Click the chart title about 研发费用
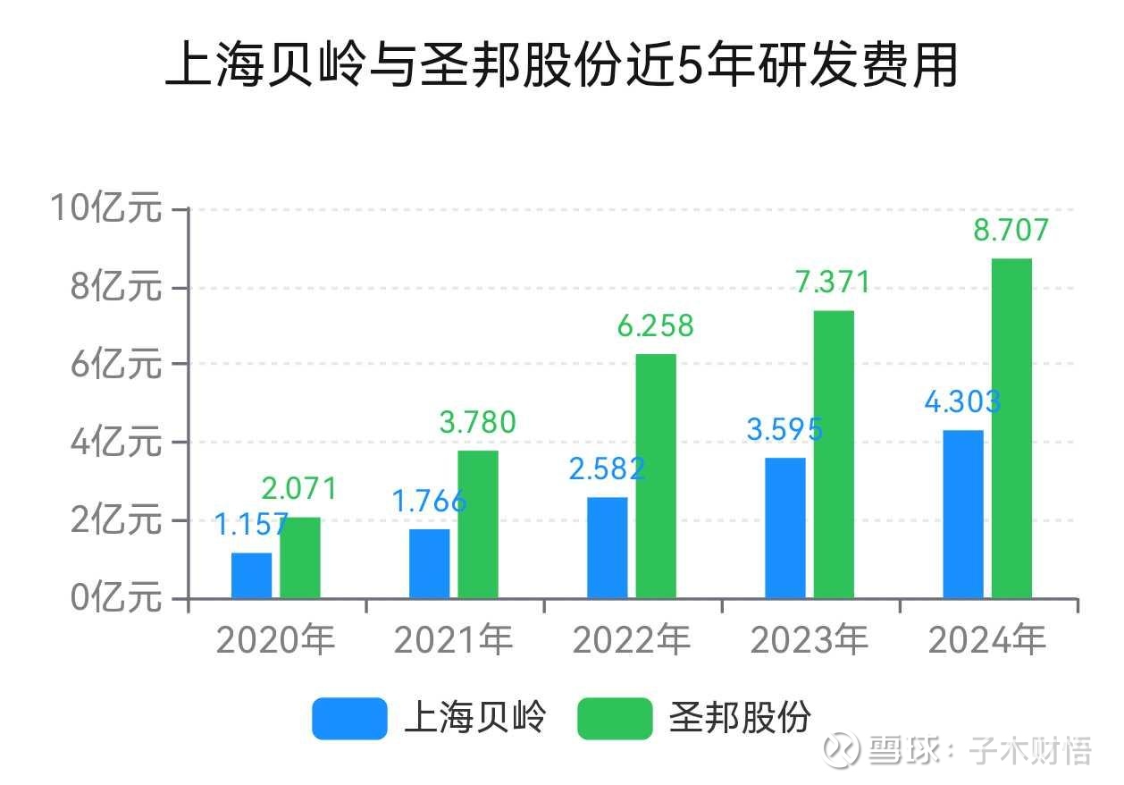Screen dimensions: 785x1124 click(x=561, y=66)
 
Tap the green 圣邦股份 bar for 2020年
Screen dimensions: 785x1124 click(x=300, y=558)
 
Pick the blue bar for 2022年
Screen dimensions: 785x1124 click(x=608, y=547)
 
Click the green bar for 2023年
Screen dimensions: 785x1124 click(x=834, y=454)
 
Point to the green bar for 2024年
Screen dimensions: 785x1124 click(x=1011, y=428)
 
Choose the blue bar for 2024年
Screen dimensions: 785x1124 click(x=963, y=514)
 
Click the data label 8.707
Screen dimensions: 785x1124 click(x=1011, y=231)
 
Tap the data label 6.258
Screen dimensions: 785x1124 click(x=655, y=326)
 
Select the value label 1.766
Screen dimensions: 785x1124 click(x=430, y=501)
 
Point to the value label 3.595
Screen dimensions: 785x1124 click(x=784, y=429)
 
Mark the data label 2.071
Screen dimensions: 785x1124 click(x=299, y=489)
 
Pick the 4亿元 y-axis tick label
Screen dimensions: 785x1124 click(x=117, y=443)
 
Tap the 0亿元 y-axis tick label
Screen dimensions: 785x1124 click(x=117, y=597)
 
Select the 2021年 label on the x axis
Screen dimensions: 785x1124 click(x=454, y=640)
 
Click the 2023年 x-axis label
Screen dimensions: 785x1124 click(x=809, y=640)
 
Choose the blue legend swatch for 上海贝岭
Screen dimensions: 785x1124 click(x=349, y=718)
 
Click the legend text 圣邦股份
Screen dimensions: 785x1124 click(x=741, y=718)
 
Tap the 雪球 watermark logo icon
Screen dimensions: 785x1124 click(x=842, y=750)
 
